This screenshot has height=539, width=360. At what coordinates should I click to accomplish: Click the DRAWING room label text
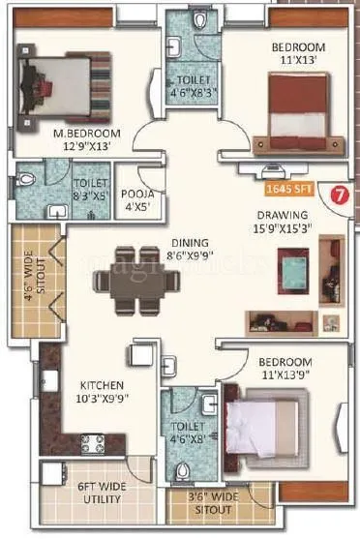tap(283, 215)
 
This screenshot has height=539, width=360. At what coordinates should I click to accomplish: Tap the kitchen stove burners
tap(93, 444)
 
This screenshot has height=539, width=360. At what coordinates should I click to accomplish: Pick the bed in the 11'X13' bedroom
tap(296, 109)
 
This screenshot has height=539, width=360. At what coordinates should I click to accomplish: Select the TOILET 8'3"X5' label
tap(90, 188)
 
